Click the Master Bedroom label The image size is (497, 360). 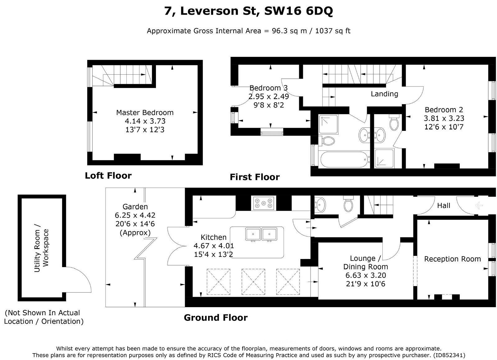point(145,113)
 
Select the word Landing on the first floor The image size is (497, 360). point(384,94)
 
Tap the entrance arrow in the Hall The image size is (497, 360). point(479,205)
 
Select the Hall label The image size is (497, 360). point(444,205)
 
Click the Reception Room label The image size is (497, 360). point(452,259)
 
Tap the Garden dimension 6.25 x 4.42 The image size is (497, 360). point(135,215)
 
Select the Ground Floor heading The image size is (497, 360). point(216,318)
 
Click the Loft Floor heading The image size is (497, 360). point(108,176)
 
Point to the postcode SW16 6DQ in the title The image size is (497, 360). point(298,12)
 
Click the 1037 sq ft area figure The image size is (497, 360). point(333,31)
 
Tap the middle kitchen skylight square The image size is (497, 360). point(253,282)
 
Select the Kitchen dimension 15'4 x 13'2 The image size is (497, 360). point(213,254)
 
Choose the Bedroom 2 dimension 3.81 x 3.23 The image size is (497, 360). point(444,118)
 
